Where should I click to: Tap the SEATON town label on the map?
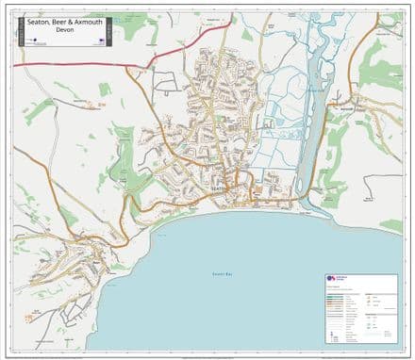(218, 188)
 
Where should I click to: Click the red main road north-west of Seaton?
(75, 65)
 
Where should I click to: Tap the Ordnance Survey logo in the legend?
(332, 279)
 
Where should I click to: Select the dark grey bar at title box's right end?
(108, 31)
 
